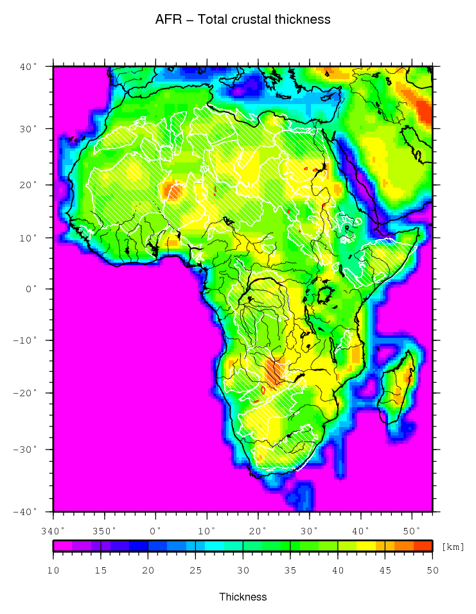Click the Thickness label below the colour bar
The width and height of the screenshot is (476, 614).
(243, 597)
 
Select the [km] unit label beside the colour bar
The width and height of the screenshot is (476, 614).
(452, 547)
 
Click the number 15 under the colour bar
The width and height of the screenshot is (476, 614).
(100, 569)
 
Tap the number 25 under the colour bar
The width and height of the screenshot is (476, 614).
(195, 569)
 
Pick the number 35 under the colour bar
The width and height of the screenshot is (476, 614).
(290, 569)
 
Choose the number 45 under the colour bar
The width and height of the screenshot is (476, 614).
(385, 569)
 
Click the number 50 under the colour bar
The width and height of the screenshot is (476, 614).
(432, 569)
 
